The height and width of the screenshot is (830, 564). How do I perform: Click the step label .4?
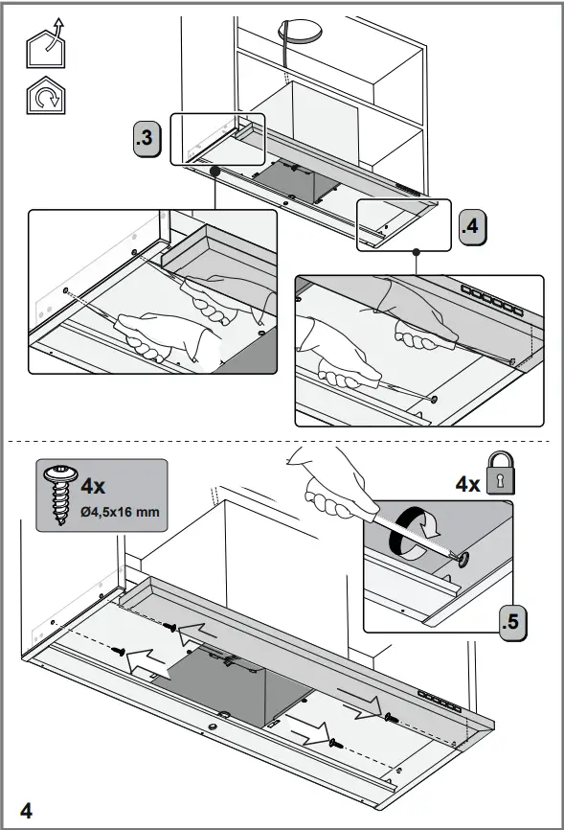click(x=472, y=227)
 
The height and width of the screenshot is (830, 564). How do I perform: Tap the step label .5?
click(x=514, y=621)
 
